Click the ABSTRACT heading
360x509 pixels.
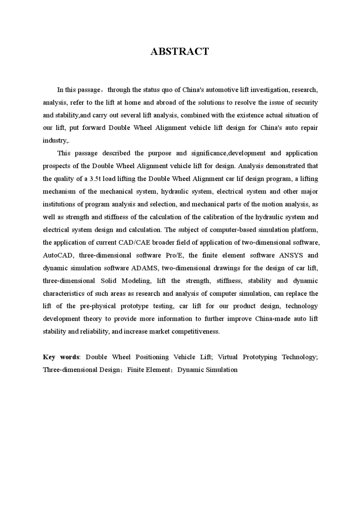click(x=180, y=52)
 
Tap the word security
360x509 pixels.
click(x=306, y=103)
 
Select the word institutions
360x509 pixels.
click(x=59, y=204)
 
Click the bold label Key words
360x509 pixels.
click(x=61, y=357)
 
